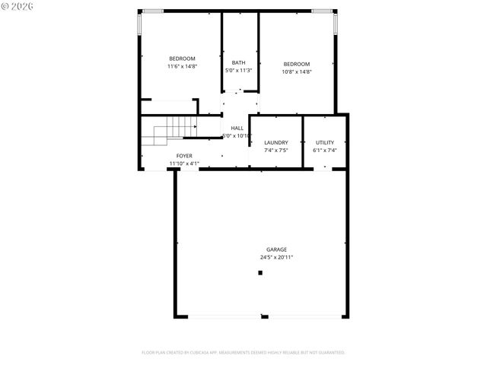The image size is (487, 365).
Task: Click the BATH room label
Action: (x=239, y=63)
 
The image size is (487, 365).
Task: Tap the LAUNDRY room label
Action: (x=275, y=143)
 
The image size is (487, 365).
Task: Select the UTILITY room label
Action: (x=325, y=143)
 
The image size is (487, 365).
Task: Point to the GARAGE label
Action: (x=276, y=249)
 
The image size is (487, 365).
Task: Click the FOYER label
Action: (x=184, y=156)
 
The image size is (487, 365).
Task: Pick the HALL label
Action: (x=237, y=128)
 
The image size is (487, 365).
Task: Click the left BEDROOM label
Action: (x=182, y=59)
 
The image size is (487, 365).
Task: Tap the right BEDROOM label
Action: (x=297, y=64)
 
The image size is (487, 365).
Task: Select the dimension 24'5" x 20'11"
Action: (x=276, y=257)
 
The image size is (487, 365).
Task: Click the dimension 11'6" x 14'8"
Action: (x=182, y=66)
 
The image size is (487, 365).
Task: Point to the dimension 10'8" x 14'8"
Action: (x=297, y=71)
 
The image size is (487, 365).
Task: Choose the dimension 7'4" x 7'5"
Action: (x=275, y=151)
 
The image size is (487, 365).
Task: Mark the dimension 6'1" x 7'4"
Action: (x=325, y=151)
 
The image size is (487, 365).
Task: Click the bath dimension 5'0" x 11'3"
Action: (x=239, y=71)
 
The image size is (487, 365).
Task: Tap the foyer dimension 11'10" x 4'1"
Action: (x=183, y=163)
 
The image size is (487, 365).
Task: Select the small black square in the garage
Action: (x=260, y=272)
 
